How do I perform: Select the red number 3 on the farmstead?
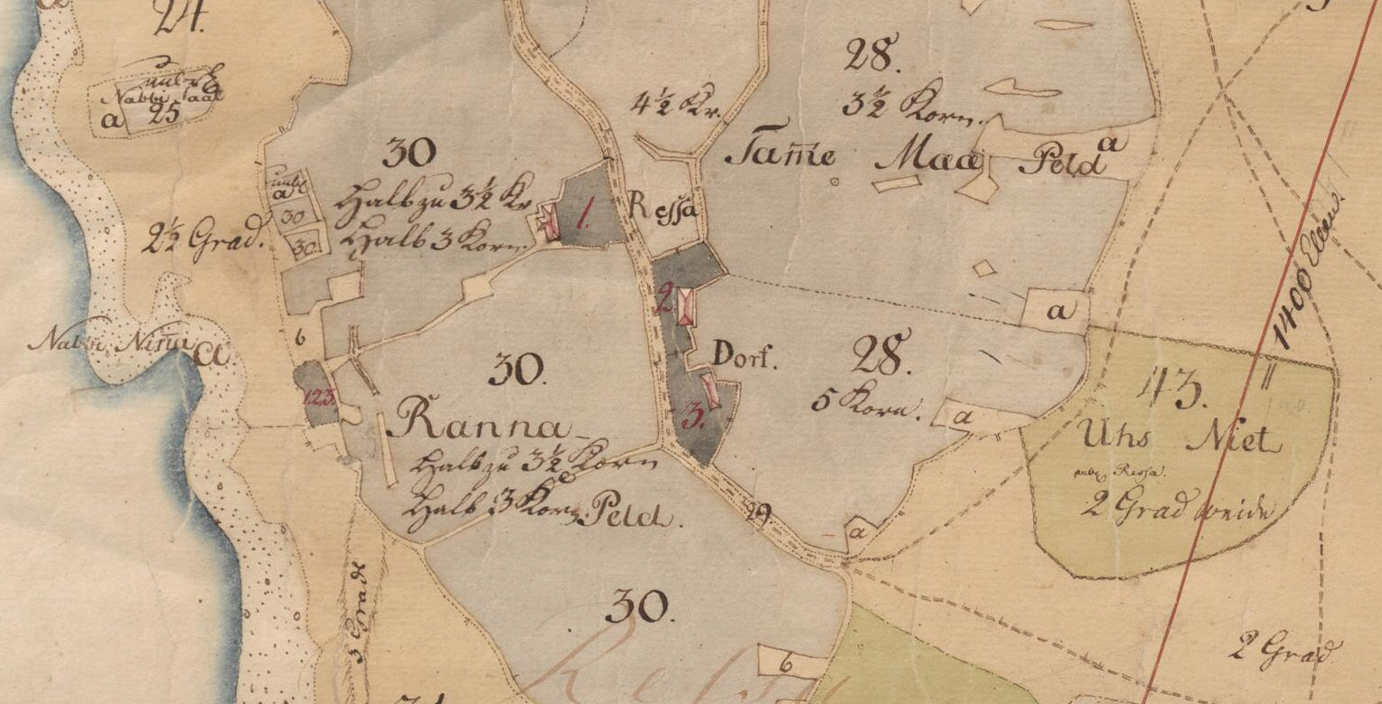[x=693, y=418]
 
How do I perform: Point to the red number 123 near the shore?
[x=317, y=396]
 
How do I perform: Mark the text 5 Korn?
[x=865, y=404]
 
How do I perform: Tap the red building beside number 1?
[x=549, y=222]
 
